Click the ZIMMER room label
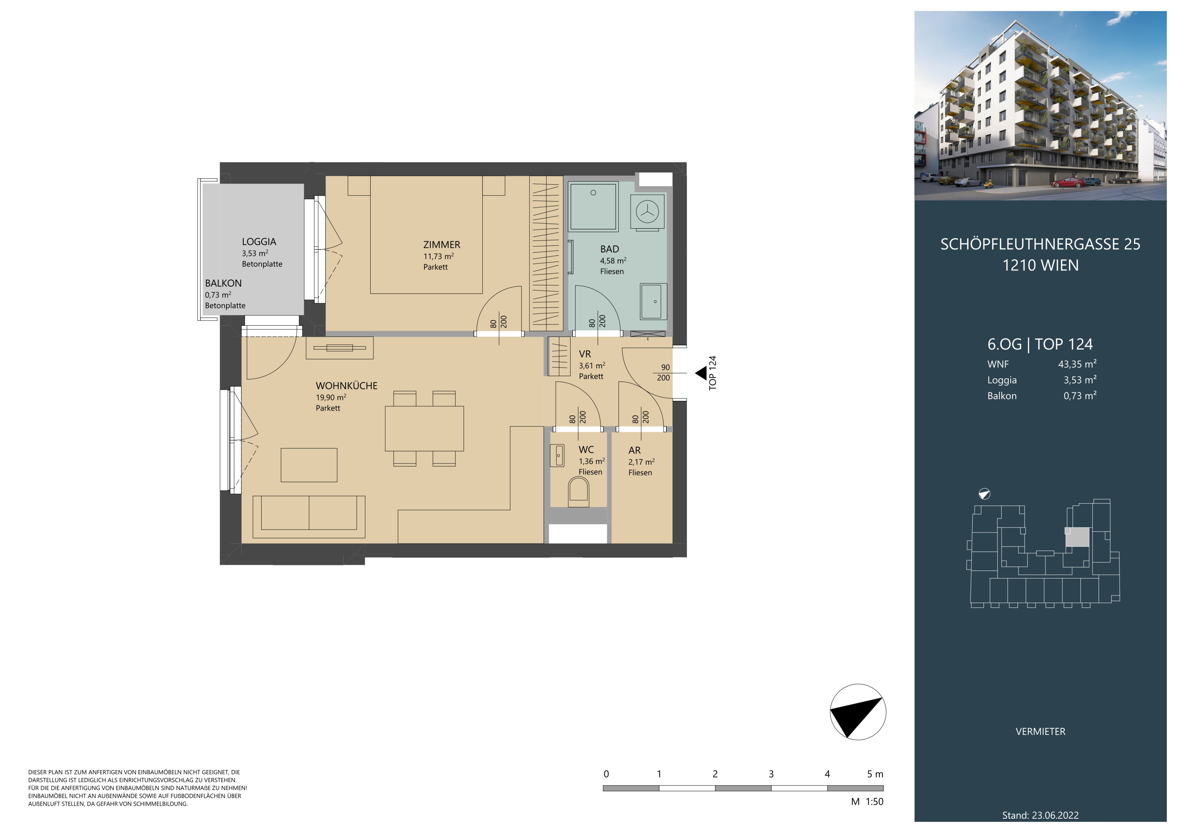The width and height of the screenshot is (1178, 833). (441, 245)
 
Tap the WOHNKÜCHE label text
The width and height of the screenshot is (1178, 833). (346, 386)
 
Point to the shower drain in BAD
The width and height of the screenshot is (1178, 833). (593, 193)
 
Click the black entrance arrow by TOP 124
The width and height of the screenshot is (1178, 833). (701, 373)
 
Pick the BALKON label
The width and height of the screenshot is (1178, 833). (223, 283)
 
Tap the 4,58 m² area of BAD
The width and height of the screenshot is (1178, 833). (613, 261)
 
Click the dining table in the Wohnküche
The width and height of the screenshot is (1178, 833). (424, 428)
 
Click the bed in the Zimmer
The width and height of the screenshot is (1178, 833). (426, 235)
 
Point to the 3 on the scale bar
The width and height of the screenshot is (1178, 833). (771, 774)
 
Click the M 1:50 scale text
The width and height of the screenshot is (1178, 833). (867, 802)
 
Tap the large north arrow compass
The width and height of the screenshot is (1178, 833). (858, 712)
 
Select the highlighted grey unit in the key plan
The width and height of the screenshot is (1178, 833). (1077, 537)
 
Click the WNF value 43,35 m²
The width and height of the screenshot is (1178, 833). (1077, 364)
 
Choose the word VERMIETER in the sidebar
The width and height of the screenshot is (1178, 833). (1040, 731)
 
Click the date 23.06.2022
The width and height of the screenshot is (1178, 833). (1055, 815)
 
